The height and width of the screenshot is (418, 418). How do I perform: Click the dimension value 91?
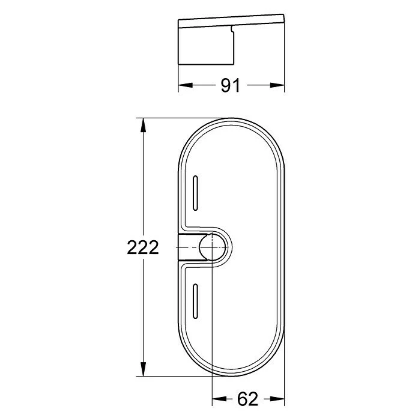231,85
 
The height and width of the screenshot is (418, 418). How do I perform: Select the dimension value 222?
143,247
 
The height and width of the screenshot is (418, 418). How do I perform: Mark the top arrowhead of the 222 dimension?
143,123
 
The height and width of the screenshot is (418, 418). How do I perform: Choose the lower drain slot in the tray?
196,300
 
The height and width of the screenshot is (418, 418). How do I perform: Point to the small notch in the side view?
232,28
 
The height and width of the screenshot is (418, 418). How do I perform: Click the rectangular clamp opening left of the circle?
189,247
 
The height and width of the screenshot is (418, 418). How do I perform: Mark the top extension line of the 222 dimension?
180,118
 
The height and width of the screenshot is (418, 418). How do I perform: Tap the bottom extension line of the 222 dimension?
180,376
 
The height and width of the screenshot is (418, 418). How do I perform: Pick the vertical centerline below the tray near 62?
213,387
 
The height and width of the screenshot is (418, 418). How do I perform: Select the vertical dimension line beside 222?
143,180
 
